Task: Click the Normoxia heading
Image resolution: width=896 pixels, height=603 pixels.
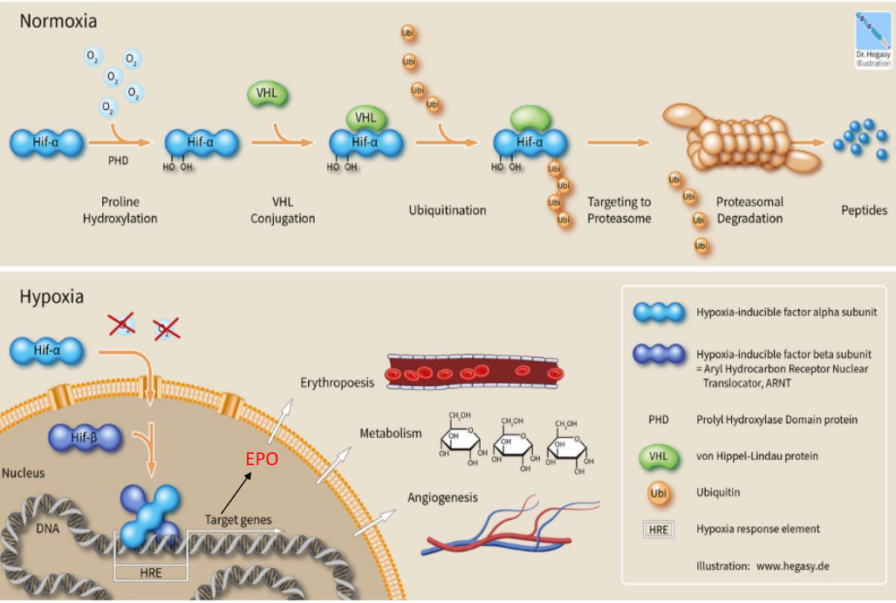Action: tap(58, 19)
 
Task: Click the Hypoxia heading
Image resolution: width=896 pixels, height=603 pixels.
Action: tap(51, 297)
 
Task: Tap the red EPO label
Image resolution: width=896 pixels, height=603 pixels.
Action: tap(261, 458)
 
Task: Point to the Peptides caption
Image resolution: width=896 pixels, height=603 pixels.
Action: tap(864, 210)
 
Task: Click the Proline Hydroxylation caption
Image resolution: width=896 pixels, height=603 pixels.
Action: tap(120, 209)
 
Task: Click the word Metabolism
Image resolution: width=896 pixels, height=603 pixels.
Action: tap(391, 433)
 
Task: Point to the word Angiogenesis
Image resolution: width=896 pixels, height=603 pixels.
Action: tap(443, 498)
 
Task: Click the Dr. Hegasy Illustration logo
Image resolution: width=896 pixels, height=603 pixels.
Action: tap(873, 39)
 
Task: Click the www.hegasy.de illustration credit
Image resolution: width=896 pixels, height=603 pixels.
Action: tap(762, 565)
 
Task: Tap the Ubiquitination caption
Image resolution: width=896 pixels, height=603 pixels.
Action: tap(448, 210)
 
